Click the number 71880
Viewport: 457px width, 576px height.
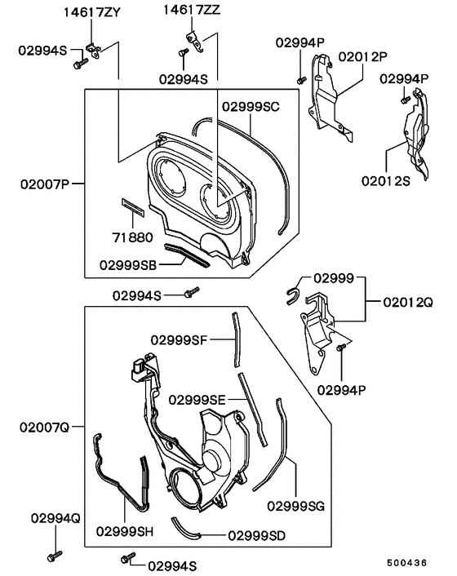(x=131, y=237)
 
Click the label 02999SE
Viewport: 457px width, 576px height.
(x=198, y=399)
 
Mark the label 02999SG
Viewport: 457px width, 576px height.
(x=295, y=506)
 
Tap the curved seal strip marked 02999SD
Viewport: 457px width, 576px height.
(x=187, y=528)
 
